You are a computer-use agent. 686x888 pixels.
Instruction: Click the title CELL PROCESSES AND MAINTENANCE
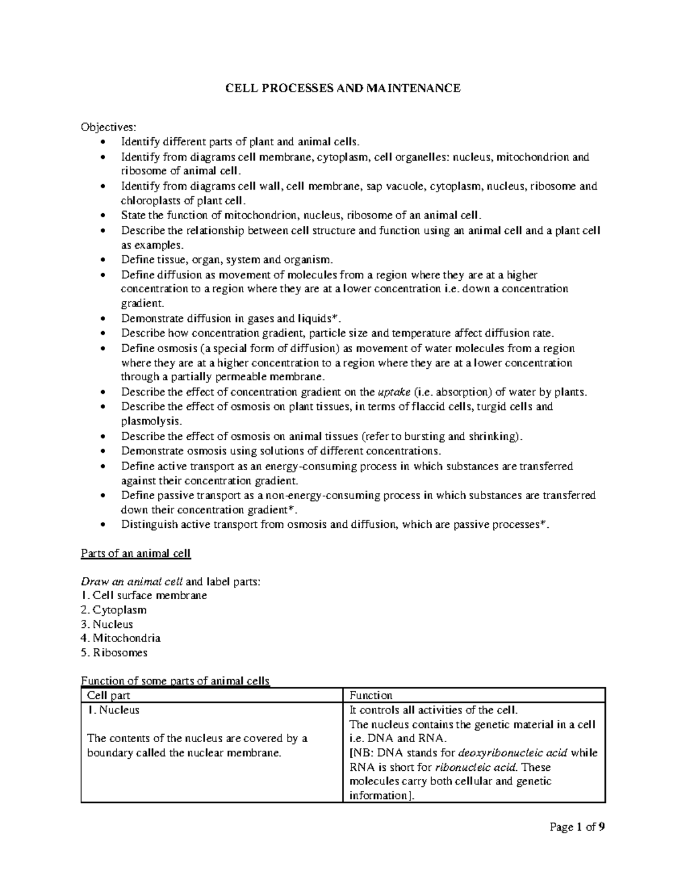pyautogui.click(x=342, y=88)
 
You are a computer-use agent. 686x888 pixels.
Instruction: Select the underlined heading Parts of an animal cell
pyautogui.click(x=135, y=553)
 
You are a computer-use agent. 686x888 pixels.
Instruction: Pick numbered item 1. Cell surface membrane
pyautogui.click(x=144, y=595)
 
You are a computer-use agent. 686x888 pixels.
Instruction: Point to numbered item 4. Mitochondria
pyautogui.click(x=121, y=638)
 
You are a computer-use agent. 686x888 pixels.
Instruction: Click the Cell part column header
pyautogui.click(x=109, y=695)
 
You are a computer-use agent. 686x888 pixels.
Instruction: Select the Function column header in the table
pyautogui.click(x=371, y=695)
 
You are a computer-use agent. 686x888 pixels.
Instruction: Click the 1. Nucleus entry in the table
pyautogui.click(x=113, y=710)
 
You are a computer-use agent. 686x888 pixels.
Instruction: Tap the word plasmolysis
pyautogui.click(x=150, y=421)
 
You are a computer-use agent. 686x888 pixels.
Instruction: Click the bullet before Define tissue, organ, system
pyautogui.click(x=102, y=260)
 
